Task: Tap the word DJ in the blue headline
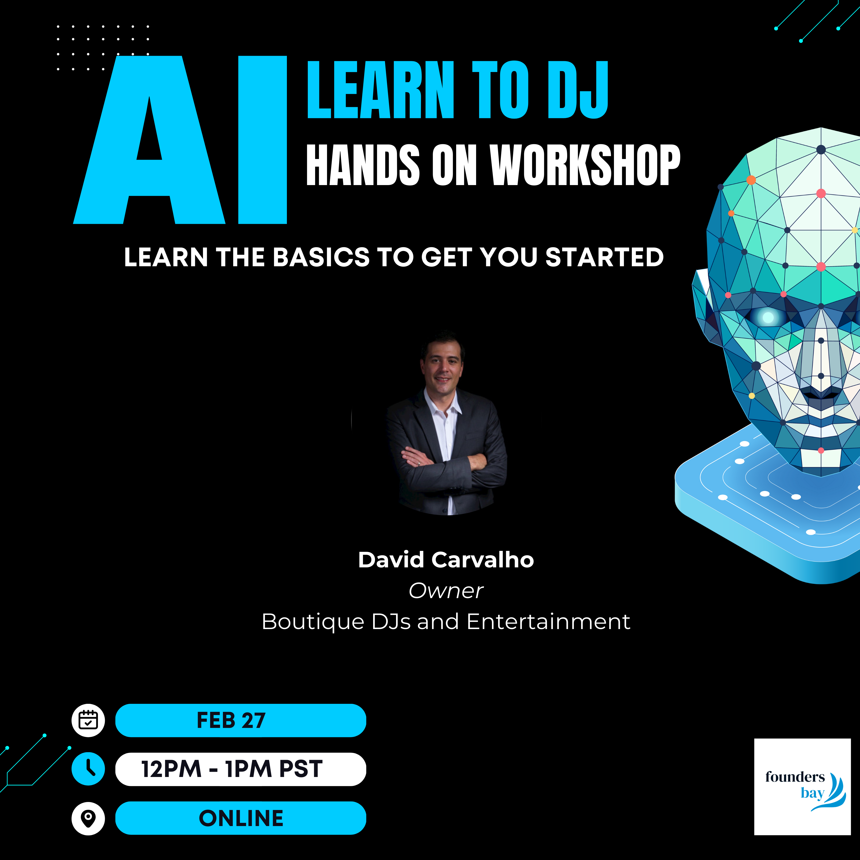578,90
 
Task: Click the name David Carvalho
446,560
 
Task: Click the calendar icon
88,720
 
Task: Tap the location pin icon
88,818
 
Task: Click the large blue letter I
263,140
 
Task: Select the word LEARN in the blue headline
381,90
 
